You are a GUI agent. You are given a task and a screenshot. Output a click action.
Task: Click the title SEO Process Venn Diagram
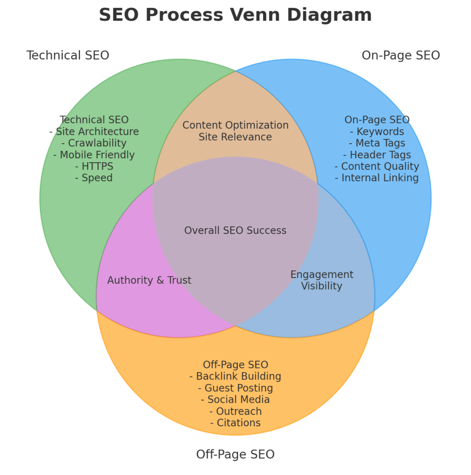[x=235, y=15]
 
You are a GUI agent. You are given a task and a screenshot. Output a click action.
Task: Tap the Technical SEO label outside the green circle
[x=68, y=56]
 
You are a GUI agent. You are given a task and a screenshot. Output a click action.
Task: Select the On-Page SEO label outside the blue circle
[x=400, y=56]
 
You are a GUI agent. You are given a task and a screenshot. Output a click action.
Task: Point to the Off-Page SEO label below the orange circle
[x=235, y=454]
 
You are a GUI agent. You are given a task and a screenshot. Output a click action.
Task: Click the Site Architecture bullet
[x=94, y=132]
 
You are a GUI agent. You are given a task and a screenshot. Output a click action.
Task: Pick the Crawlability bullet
[x=94, y=143]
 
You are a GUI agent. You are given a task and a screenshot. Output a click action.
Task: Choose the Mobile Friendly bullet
[x=94, y=155]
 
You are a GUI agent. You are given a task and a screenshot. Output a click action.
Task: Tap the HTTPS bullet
[x=94, y=167]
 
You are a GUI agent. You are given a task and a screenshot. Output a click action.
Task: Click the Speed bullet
[x=94, y=178]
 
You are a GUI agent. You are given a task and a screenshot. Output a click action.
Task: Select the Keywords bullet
[x=377, y=132]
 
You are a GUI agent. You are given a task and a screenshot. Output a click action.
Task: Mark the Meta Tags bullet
[x=377, y=143]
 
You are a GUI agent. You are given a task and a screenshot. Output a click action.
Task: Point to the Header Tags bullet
[x=377, y=155]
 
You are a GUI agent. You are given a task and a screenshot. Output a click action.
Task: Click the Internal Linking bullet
[x=377, y=178]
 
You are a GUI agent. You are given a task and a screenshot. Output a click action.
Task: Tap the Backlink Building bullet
[x=235, y=376]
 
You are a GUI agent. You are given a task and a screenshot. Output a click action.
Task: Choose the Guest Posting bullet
[x=235, y=388]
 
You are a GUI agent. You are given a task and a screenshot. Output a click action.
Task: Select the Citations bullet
[x=235, y=423]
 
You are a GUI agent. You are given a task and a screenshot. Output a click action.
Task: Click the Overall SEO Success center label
[x=235, y=231]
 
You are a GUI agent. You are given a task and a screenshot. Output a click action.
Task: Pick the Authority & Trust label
[x=149, y=281]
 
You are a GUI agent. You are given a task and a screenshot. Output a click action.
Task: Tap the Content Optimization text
[x=235, y=125]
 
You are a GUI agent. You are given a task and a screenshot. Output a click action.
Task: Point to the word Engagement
[x=322, y=275]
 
